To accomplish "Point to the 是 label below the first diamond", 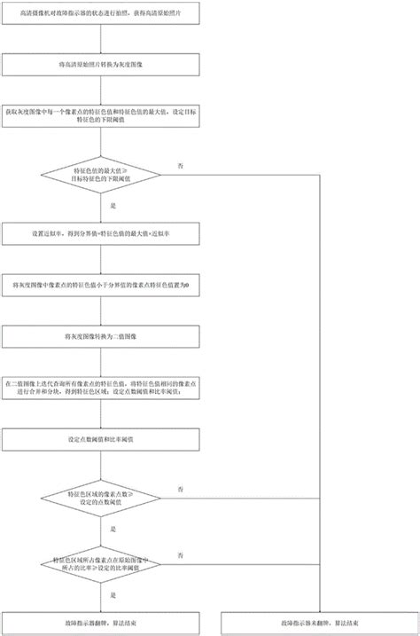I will point(113,205).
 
